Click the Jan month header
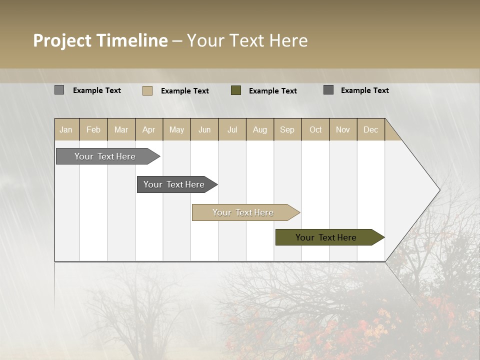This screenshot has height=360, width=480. point(66,129)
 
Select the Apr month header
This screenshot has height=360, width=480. point(149,129)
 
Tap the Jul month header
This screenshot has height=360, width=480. point(232,129)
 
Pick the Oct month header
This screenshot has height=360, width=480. point(315,129)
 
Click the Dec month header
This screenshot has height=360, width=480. point(370,129)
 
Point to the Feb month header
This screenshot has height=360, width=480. point(93,129)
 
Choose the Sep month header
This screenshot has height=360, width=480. point(287,129)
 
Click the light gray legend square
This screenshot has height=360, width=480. point(59,90)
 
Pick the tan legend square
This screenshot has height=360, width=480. point(147,90)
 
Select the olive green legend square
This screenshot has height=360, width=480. point(236,90)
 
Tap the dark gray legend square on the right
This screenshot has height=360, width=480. point(328,90)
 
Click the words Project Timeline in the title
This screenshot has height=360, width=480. point(100,40)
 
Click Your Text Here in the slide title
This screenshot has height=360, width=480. point(247,40)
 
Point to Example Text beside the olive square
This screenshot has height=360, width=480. point(272,91)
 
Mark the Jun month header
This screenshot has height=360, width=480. point(204,129)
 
